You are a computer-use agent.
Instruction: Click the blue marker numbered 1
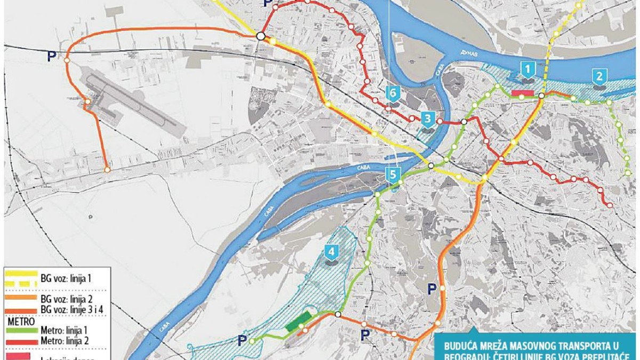click(x=527, y=69)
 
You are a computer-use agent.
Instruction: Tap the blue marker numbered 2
click(x=599, y=75)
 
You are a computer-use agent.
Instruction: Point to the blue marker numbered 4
click(x=332, y=251)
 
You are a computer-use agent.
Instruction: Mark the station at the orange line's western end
click(x=107, y=170)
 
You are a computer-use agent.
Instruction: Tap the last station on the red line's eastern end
click(x=609, y=204)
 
